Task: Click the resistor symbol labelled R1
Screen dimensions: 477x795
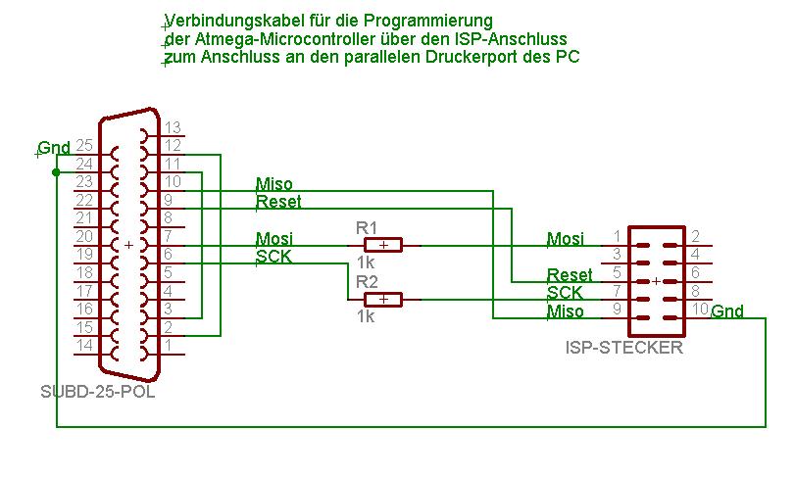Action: [383, 245]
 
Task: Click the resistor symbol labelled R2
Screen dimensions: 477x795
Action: [383, 299]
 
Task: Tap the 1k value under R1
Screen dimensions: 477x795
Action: [366, 262]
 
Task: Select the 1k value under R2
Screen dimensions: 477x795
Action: [366, 316]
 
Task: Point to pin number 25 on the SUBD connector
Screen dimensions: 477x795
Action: [83, 145]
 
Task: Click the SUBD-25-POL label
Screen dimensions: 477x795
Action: [97, 393]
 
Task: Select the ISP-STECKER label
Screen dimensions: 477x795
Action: [624, 348]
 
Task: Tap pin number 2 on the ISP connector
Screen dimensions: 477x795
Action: [694, 236]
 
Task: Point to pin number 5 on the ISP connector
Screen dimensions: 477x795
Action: [617, 273]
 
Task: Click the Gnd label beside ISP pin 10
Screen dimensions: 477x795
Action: [727, 312]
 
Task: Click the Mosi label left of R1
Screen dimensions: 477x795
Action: [273, 238]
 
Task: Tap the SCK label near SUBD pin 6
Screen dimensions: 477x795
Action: [273, 257]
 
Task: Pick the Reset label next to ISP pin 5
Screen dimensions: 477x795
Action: [570, 275]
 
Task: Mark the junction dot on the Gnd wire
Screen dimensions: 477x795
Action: [56, 171]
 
